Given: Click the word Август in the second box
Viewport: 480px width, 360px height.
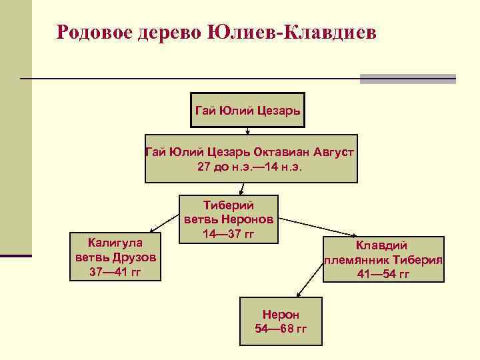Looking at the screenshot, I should click(332, 152).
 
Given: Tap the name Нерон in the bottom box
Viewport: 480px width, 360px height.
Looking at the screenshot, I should click(281, 314).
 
